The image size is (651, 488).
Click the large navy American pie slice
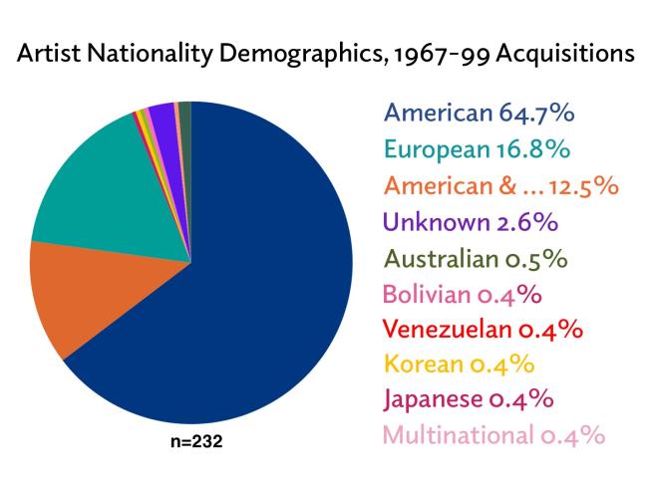[249, 299]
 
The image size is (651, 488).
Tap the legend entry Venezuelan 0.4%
[483, 329]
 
